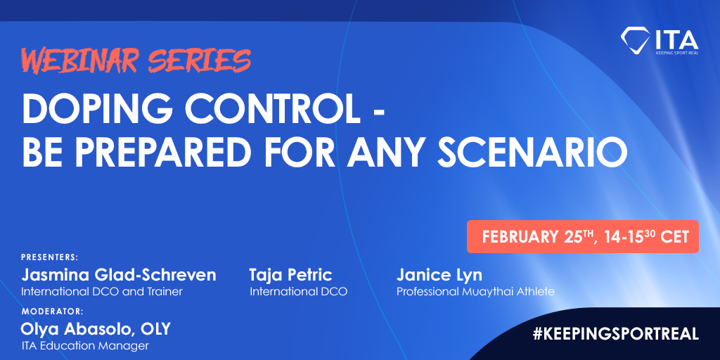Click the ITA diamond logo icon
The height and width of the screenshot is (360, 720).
pyautogui.click(x=635, y=39)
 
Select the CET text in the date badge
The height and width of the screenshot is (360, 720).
pyautogui.click(x=674, y=237)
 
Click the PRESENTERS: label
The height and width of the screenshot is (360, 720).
pyautogui.click(x=50, y=257)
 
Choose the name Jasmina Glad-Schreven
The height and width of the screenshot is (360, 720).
pyautogui.click(x=118, y=276)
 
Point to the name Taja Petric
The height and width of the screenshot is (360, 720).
pyautogui.click(x=290, y=276)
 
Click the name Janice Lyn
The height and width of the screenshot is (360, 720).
pyautogui.click(x=439, y=276)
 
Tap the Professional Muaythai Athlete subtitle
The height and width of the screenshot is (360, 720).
pyautogui.click(x=475, y=292)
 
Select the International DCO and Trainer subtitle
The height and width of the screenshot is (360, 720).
pyautogui.click(x=102, y=291)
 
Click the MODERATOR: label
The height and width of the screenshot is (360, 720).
pyautogui.click(x=52, y=311)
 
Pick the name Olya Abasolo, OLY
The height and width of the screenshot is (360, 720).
pyautogui.click(x=96, y=329)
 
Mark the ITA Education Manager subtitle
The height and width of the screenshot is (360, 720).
pyautogui.click(x=85, y=345)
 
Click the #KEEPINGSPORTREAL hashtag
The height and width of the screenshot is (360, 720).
pyautogui.click(x=616, y=334)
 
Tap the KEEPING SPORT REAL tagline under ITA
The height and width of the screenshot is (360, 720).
pyautogui.click(x=677, y=53)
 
